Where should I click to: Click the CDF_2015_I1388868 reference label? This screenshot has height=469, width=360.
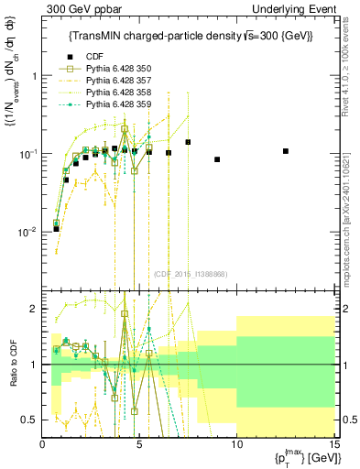pos(190,274)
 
